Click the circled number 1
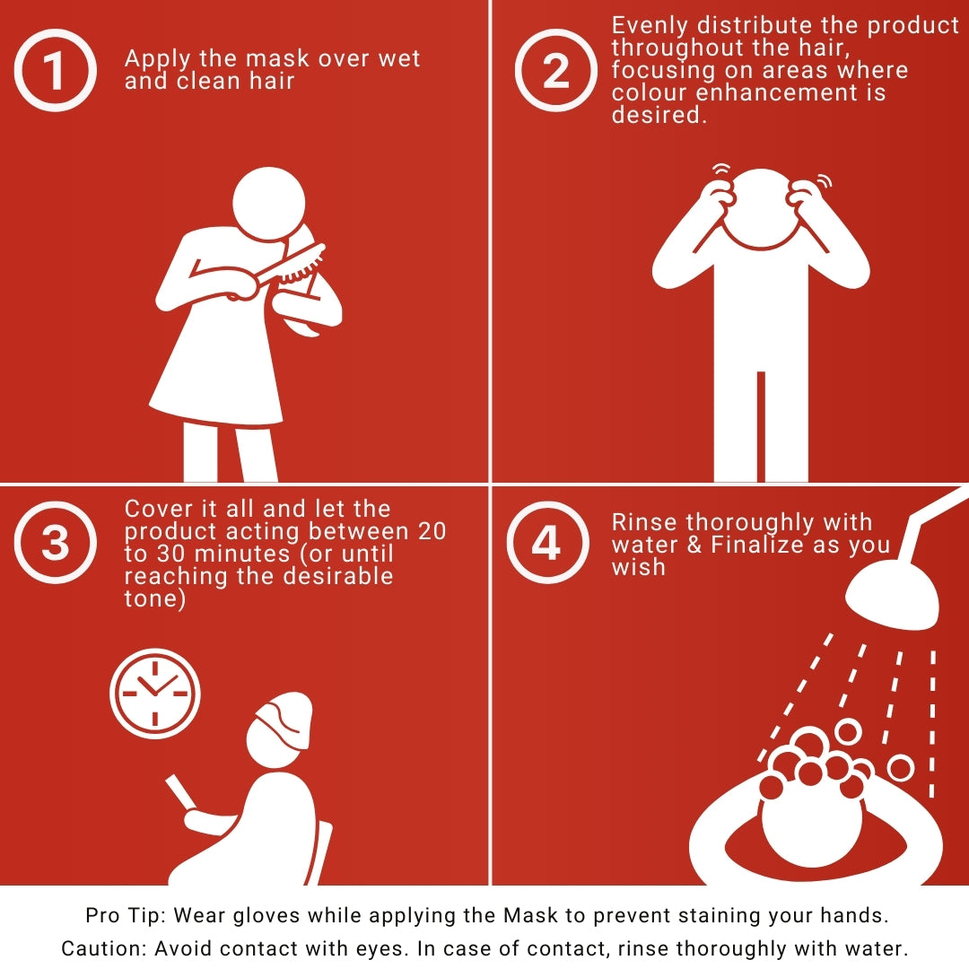55,71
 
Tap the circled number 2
556,71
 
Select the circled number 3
55,543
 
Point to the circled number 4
547,543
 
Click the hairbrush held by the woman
291,266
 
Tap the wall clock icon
155,694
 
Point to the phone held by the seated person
180,792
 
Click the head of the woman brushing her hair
269,204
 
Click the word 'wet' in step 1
399,58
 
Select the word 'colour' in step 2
649,92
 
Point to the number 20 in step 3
432,531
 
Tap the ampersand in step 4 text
694,545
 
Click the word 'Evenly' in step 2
650,27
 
